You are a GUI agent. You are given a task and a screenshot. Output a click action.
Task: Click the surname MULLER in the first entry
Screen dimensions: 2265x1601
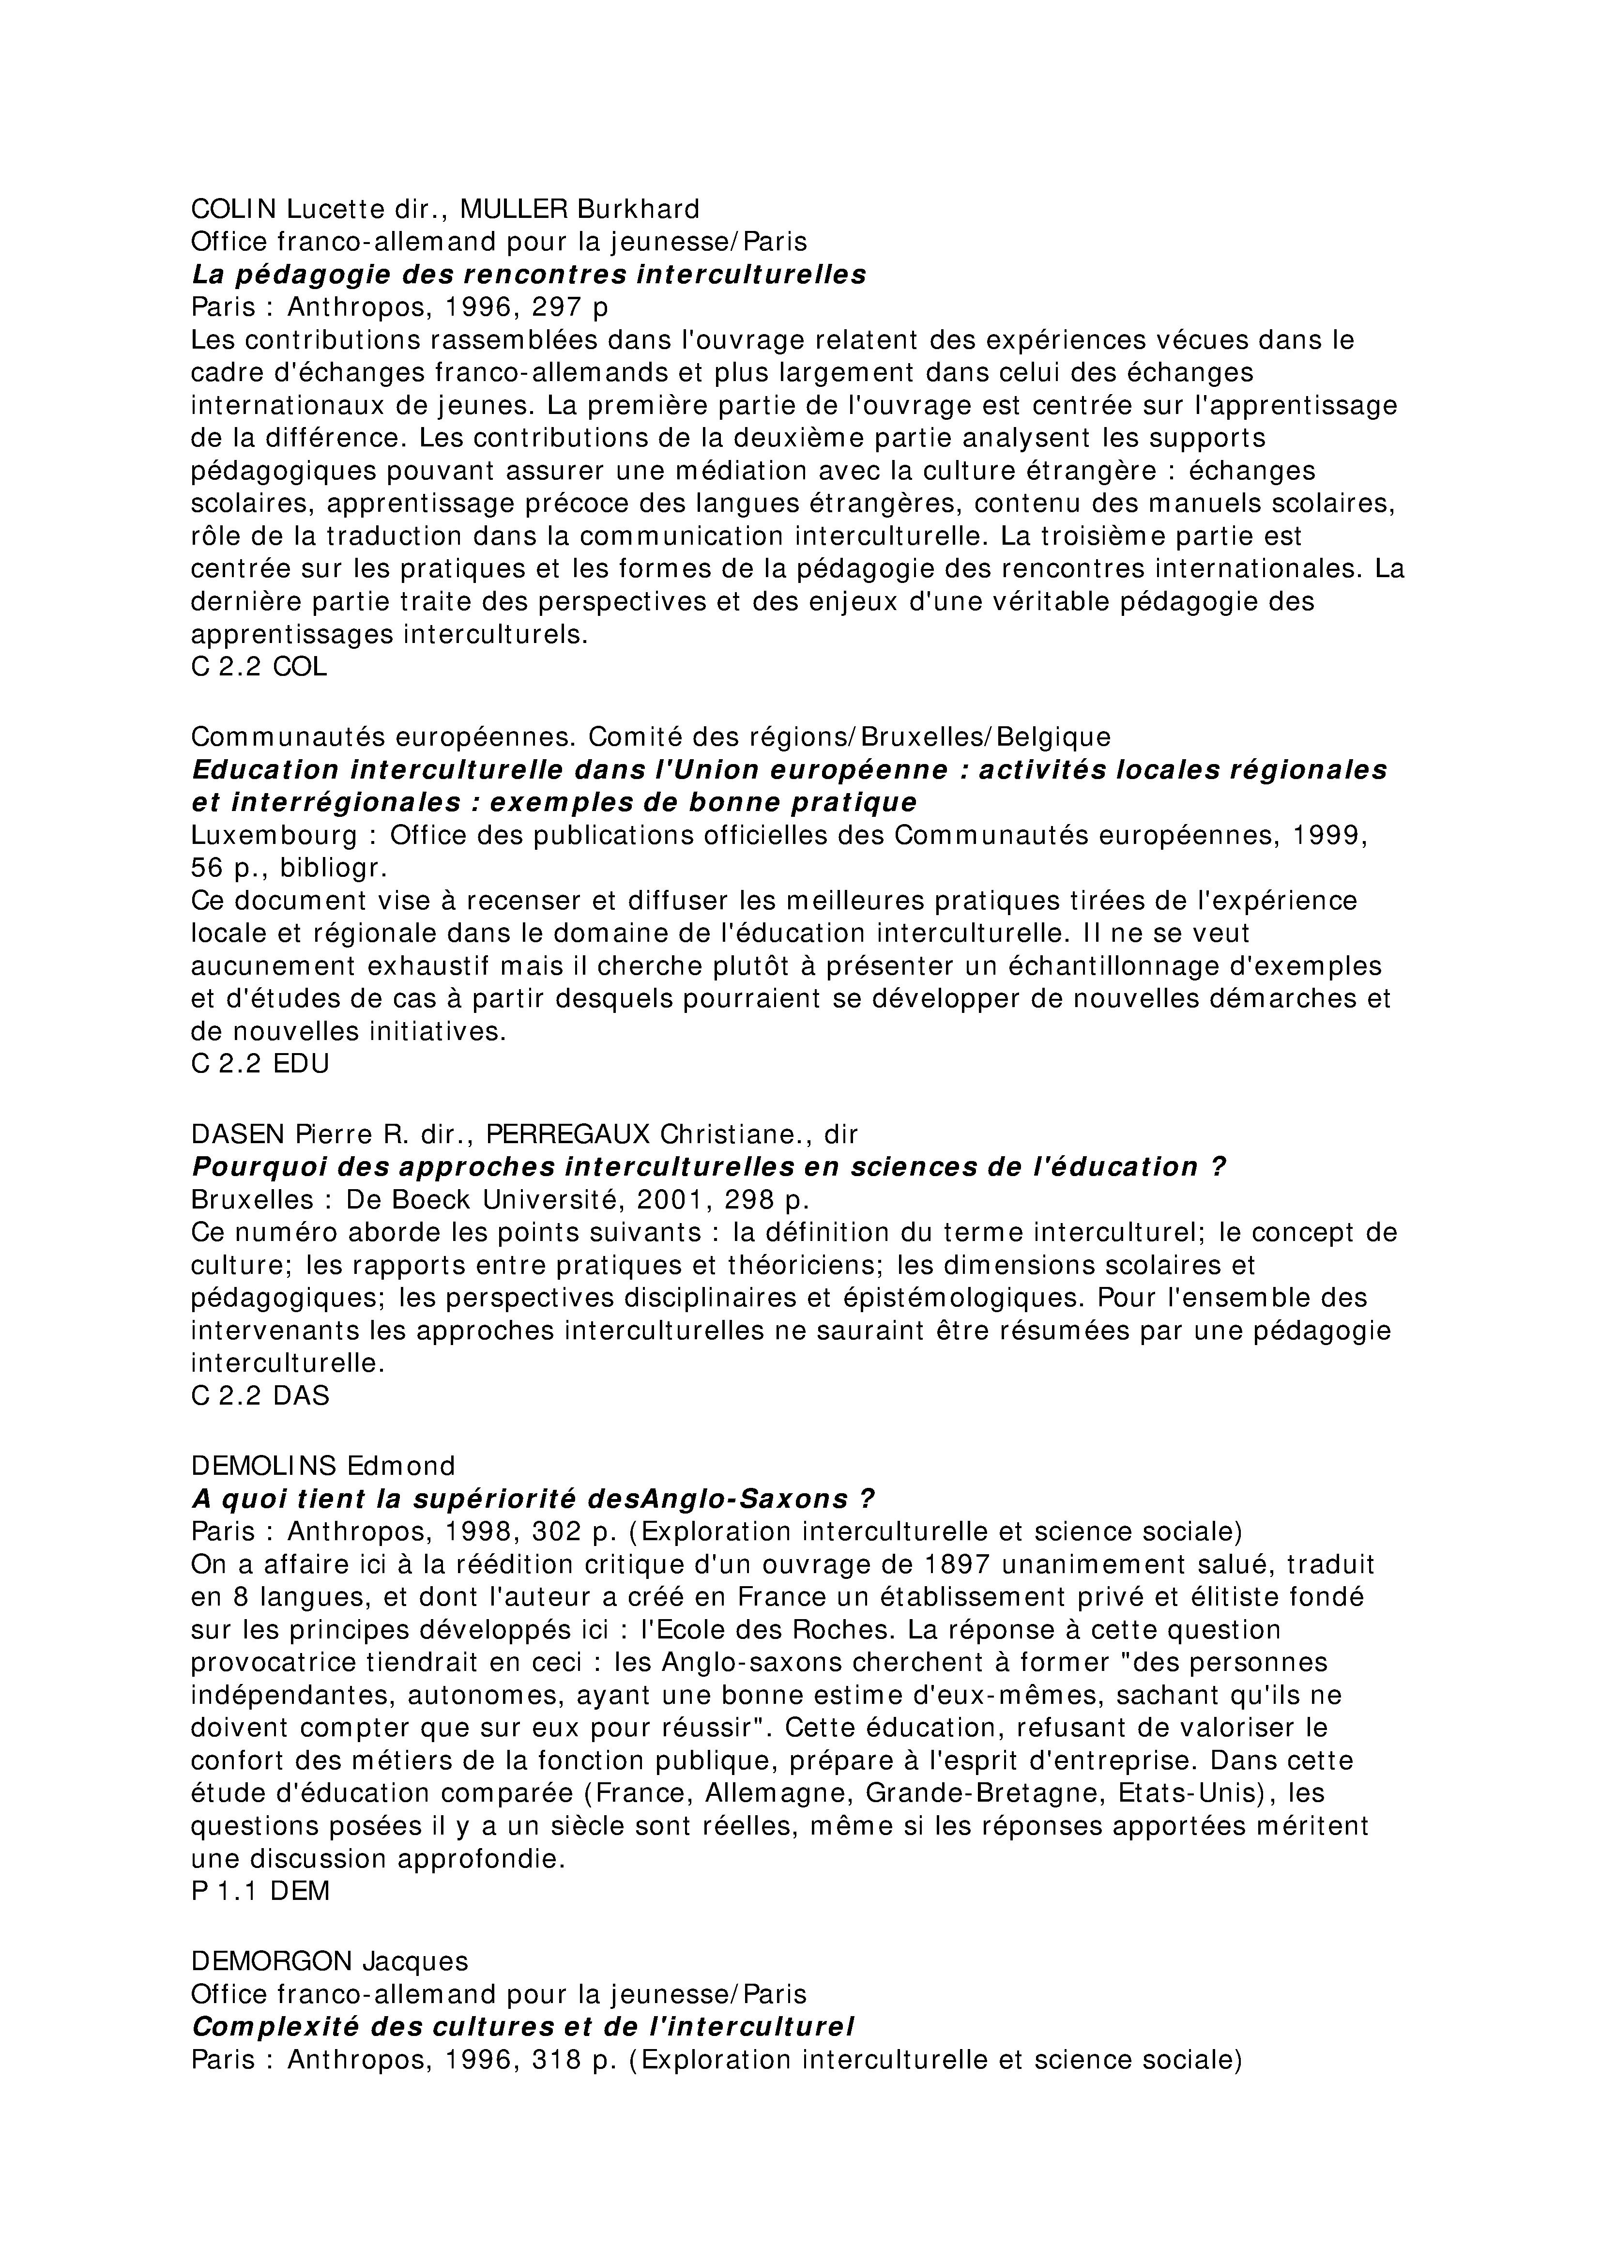coord(514,209)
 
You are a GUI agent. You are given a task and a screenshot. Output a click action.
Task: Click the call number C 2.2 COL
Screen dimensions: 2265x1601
coord(259,667)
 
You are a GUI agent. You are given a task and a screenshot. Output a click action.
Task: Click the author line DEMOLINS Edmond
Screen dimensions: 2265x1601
coord(322,1465)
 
